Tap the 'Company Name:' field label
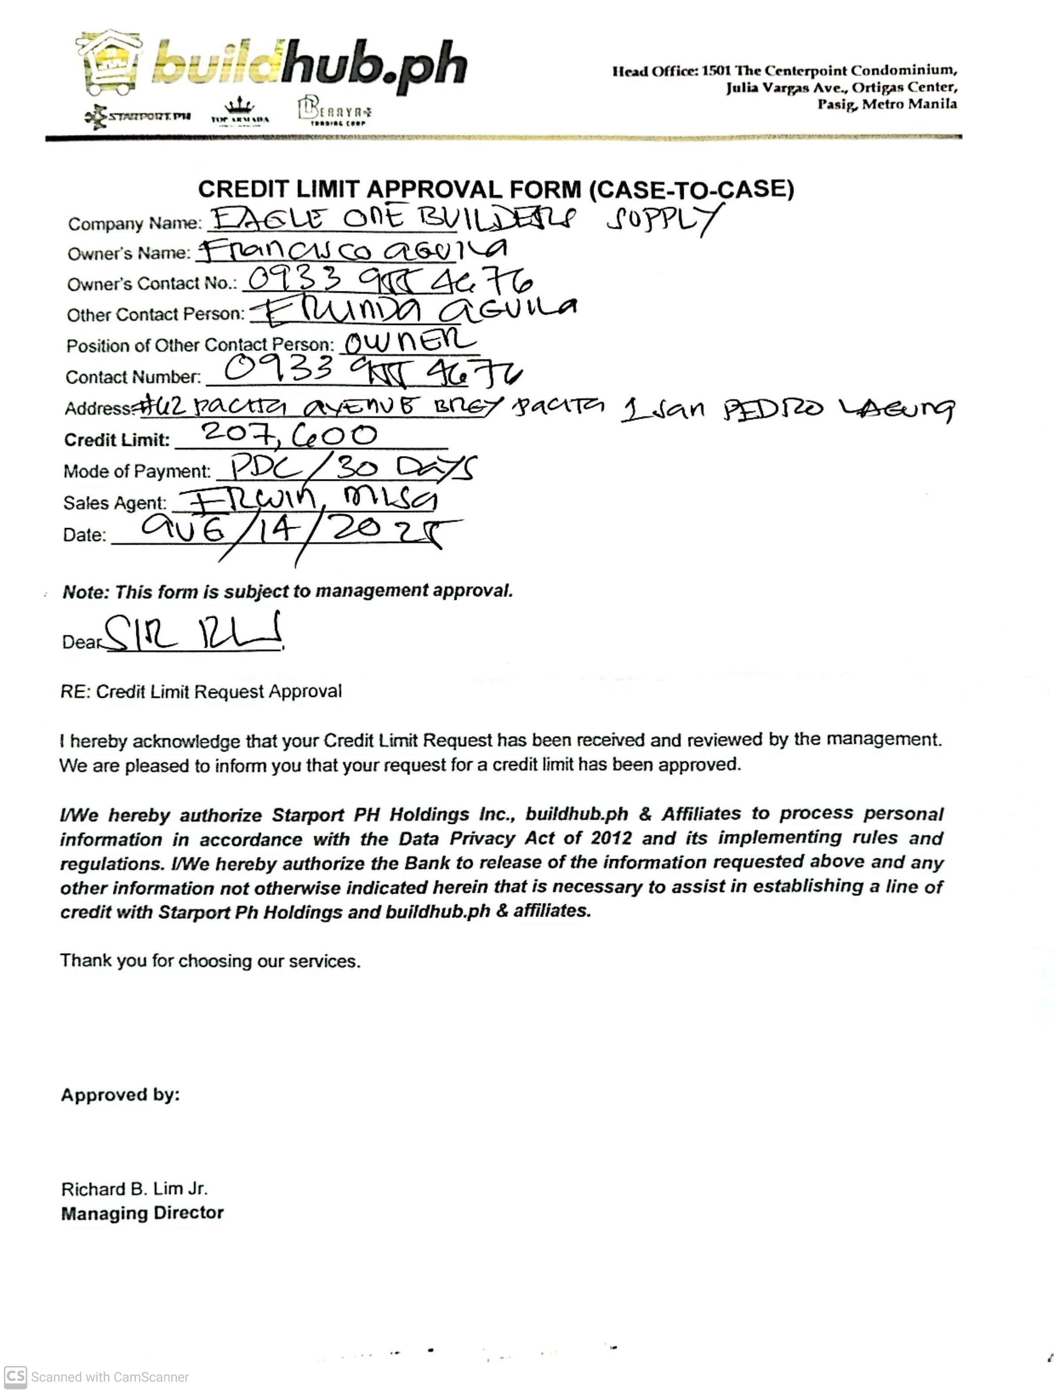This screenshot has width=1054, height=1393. (135, 223)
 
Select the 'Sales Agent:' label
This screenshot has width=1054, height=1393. (115, 502)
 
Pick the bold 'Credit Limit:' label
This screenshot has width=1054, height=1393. (117, 440)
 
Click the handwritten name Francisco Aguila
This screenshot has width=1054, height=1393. (353, 251)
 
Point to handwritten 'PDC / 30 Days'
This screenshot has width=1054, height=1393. (353, 468)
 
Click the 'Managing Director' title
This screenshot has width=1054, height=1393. (142, 1213)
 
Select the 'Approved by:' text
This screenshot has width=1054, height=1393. (120, 1095)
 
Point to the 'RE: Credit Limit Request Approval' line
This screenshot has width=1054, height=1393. (201, 691)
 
